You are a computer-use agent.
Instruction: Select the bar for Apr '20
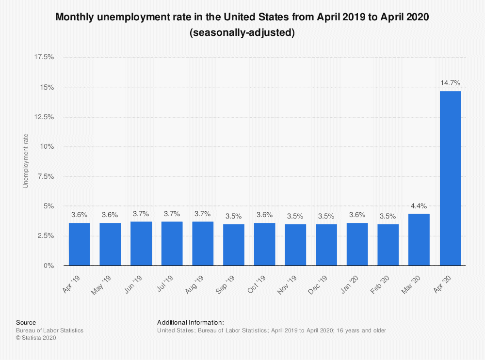pyautogui.click(x=450, y=178)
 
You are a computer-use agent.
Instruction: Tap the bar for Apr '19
pyautogui.click(x=79, y=244)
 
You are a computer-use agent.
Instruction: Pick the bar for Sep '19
pyautogui.click(x=234, y=245)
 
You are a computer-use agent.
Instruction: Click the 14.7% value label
pyautogui.click(x=450, y=82)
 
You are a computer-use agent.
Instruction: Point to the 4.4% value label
pyautogui.click(x=419, y=205)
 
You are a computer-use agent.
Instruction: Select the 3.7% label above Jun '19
pyautogui.click(x=141, y=213)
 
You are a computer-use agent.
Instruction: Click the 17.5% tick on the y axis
pyautogui.click(x=44, y=57)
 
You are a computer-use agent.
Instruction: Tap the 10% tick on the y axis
pyautogui.click(x=47, y=147)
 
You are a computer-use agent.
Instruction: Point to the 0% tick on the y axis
pyautogui.click(x=48, y=266)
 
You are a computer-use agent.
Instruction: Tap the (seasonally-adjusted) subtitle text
pyautogui.click(x=242, y=33)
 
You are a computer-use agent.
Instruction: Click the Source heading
pyautogui.click(x=26, y=322)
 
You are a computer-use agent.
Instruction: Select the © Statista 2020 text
pyautogui.click(x=36, y=338)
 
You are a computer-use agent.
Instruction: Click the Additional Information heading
pyautogui.click(x=190, y=322)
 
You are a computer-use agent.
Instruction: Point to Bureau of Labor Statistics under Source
pyautogui.click(x=49, y=330)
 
